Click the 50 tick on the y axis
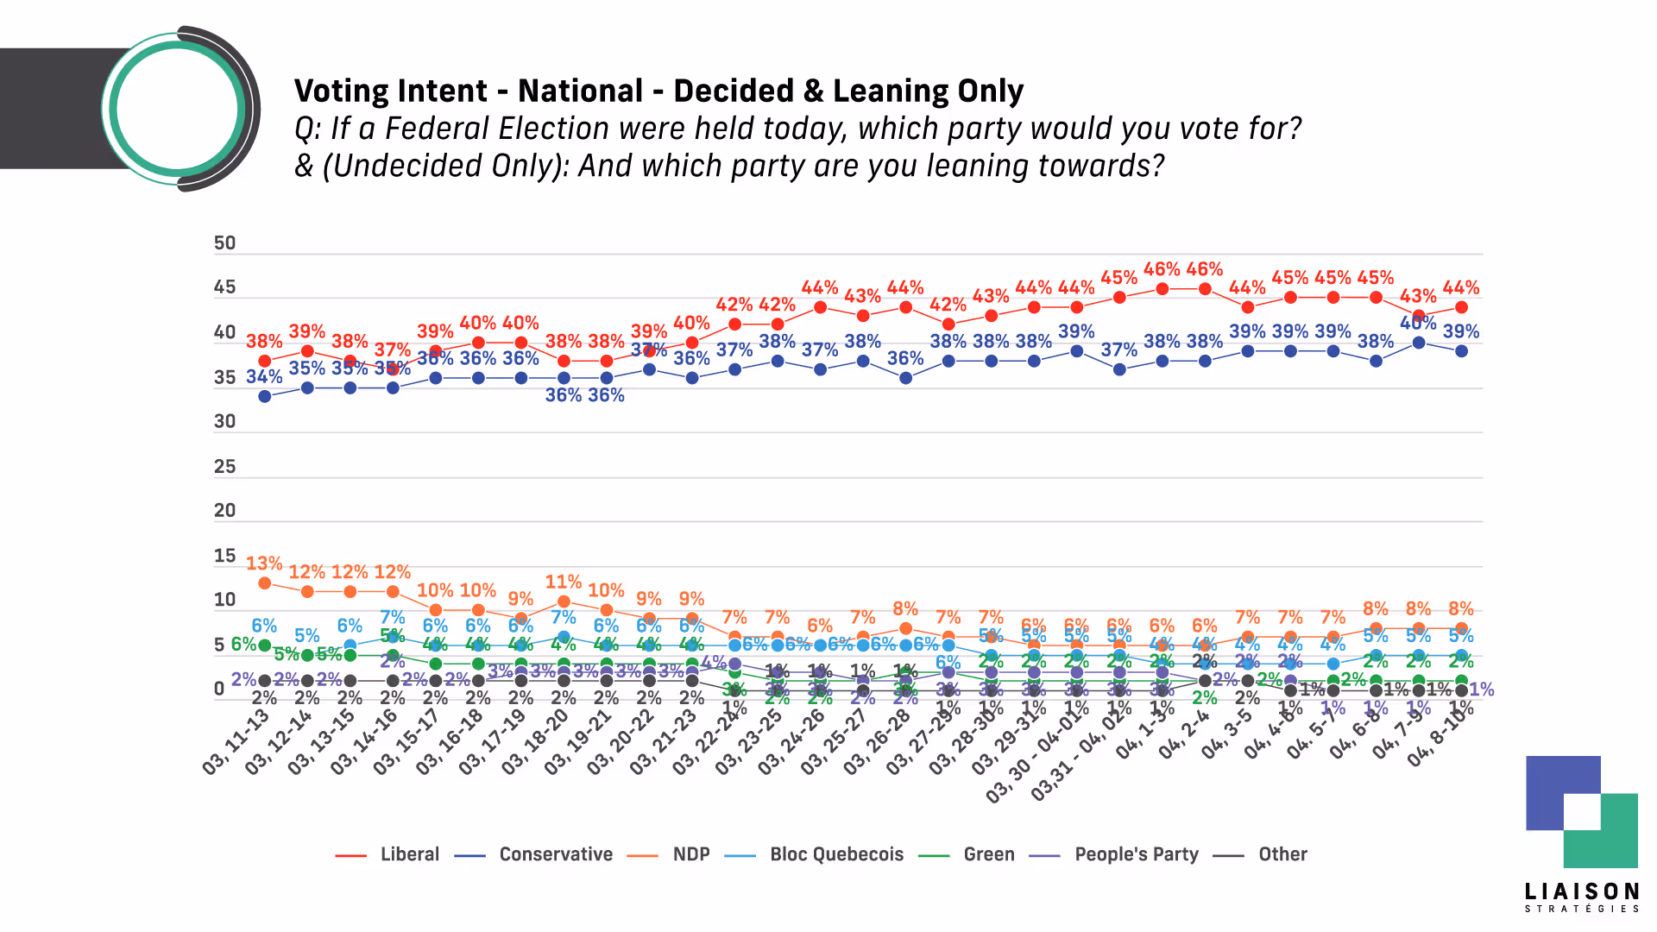point(224,243)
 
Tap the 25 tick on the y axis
point(224,467)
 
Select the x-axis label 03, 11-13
point(236,742)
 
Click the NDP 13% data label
point(264,564)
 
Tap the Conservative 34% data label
point(264,377)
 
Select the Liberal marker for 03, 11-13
point(265,361)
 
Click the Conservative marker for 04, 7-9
point(1419,343)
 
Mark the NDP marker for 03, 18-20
point(564,601)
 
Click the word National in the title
point(580,91)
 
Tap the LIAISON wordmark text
point(1581,891)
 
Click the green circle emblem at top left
point(177,109)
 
